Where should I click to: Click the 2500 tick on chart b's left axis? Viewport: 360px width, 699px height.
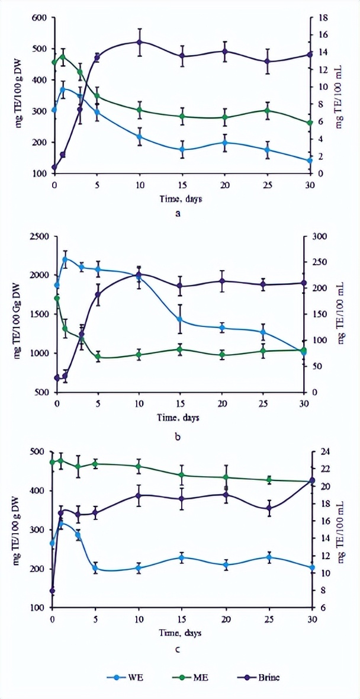point(36,236)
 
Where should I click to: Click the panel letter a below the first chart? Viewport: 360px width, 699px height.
point(178,214)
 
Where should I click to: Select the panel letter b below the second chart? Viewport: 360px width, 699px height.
point(178,438)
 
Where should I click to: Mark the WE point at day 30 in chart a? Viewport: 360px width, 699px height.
point(309,161)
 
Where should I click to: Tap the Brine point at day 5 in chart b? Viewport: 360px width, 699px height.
point(98,294)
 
